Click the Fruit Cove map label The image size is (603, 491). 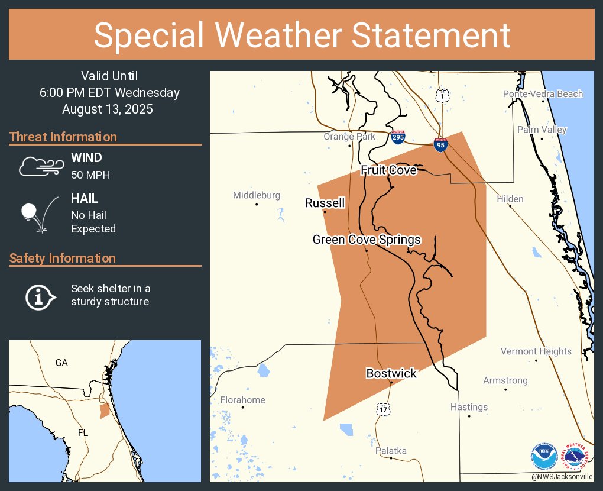click(388, 170)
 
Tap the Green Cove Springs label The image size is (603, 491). click(367, 240)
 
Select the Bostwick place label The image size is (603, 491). click(391, 373)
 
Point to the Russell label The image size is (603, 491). click(325, 203)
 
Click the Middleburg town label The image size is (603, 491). click(257, 195)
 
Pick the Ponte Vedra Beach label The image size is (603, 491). click(543, 94)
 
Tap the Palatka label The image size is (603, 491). click(391, 451)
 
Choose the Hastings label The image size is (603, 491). click(469, 407)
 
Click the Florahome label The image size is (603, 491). click(242, 400)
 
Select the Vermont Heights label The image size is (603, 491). click(536, 351)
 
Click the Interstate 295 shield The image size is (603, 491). click(398, 138)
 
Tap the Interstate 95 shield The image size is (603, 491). click(440, 144)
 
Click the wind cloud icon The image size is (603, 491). click(40, 166)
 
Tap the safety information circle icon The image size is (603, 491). click(40, 296)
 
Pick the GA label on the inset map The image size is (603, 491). click(61, 363)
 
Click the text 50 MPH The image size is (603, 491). click(90, 175)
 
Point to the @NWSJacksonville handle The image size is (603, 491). click(562, 477)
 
